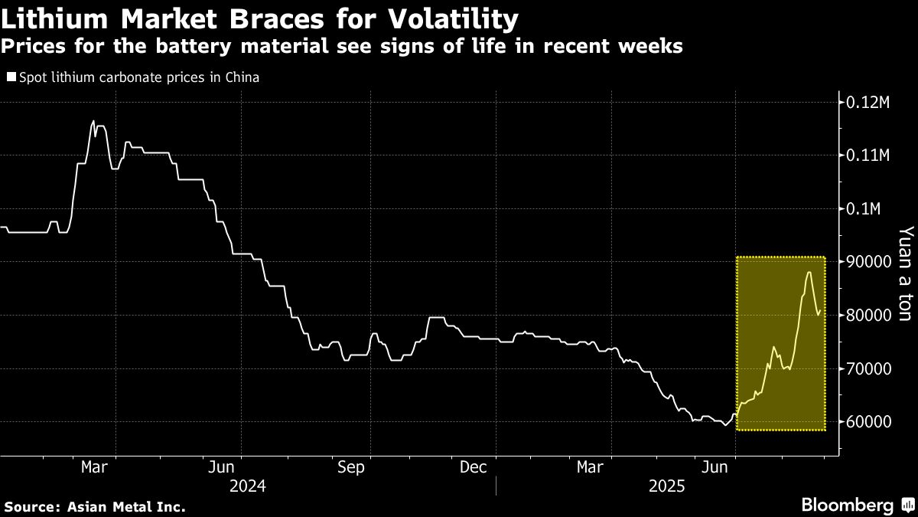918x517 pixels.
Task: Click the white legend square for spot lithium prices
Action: [x=11, y=77]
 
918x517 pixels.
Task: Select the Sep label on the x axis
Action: [x=352, y=466]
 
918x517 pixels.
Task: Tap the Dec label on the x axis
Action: [x=474, y=466]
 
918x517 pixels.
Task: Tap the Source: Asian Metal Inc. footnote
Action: [x=95, y=506]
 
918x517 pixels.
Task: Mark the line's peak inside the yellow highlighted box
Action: [x=809, y=272]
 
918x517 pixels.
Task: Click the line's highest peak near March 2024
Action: [x=93, y=120]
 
